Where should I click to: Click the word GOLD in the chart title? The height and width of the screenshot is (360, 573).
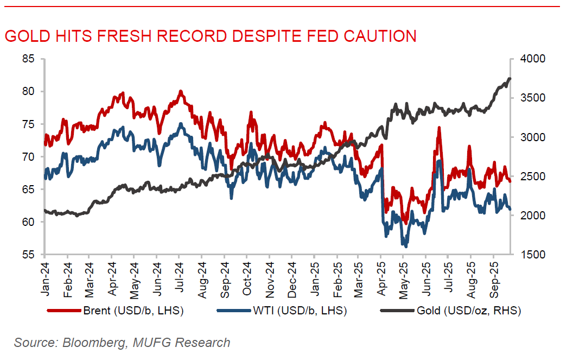coord(23,36)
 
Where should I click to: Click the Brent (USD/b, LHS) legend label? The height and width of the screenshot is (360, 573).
coord(133,311)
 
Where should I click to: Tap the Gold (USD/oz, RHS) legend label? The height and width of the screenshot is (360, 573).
coord(468,311)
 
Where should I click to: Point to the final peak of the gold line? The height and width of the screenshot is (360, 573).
coord(510,79)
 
